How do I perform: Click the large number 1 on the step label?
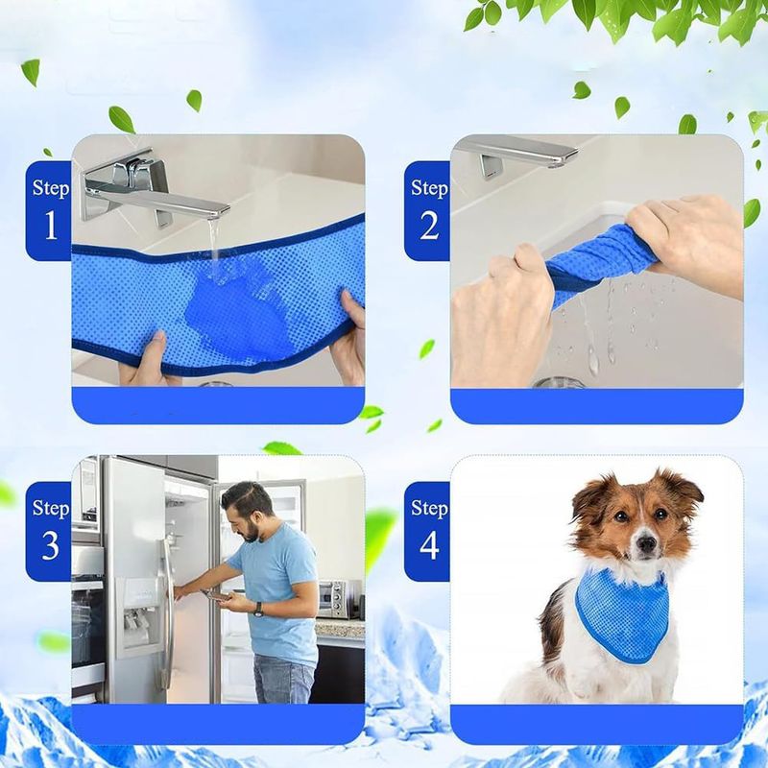51,225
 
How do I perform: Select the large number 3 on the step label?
51,545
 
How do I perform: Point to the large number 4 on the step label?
429,545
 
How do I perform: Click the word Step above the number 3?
51,508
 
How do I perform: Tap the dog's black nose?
647,542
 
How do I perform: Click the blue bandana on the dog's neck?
622,614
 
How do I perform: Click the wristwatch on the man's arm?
257,609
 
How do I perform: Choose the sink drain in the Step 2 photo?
558,381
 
